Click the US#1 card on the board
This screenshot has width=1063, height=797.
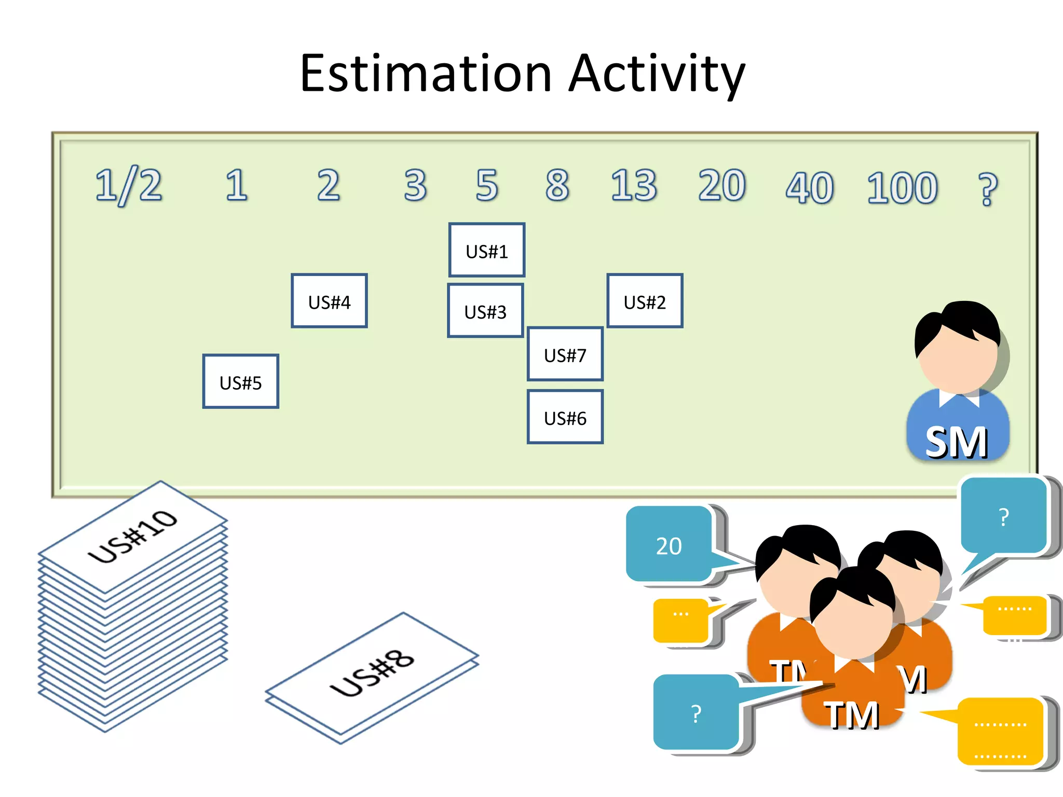(486, 251)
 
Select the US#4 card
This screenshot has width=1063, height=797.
(329, 301)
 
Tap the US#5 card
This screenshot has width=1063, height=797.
(240, 382)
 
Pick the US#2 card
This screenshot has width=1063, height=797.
(645, 301)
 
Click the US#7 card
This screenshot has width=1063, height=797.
(565, 354)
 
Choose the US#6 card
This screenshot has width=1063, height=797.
(565, 417)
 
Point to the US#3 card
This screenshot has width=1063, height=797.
(485, 311)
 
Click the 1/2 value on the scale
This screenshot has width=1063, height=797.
(129, 186)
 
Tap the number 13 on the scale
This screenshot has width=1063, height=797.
(634, 185)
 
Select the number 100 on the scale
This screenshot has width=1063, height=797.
(902, 188)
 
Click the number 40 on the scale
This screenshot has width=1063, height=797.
(809, 188)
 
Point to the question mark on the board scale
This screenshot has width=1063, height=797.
(987, 189)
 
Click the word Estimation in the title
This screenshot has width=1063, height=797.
(426, 74)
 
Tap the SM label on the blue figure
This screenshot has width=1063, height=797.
(956, 443)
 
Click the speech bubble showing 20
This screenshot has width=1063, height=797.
(669, 545)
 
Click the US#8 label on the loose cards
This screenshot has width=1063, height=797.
(372, 674)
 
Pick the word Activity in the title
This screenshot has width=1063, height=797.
(657, 74)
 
